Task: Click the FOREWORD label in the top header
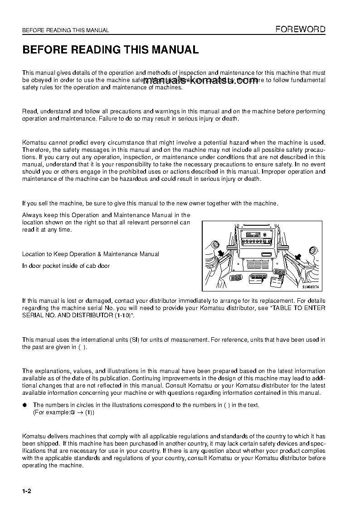pos(301,29)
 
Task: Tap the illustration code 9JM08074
pos(311,287)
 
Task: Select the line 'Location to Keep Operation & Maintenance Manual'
pos(91,254)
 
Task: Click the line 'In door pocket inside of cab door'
pos(66,266)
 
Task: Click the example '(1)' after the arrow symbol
pos(90,413)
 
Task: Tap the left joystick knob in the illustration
pos(214,247)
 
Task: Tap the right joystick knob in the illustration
pos(311,249)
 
